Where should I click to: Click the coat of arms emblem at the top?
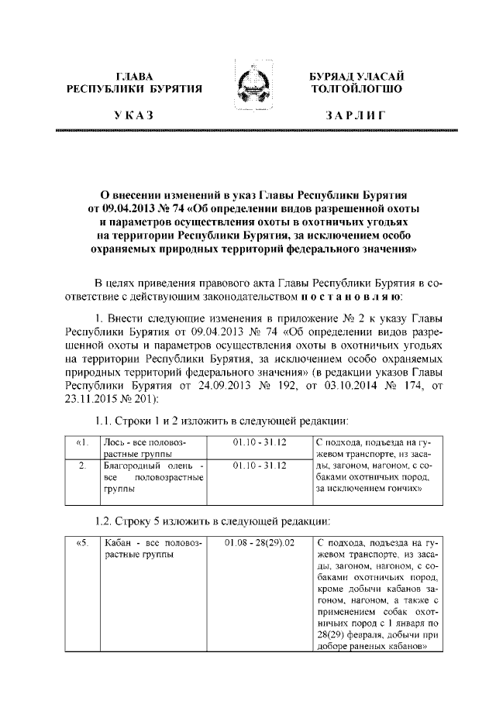coord(249,84)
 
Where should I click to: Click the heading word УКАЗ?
coord(133,115)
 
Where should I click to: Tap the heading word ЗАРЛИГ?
coord(354,115)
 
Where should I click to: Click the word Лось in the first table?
coord(115,442)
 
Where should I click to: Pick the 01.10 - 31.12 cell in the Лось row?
coord(259,442)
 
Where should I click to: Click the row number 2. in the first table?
coord(83,466)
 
